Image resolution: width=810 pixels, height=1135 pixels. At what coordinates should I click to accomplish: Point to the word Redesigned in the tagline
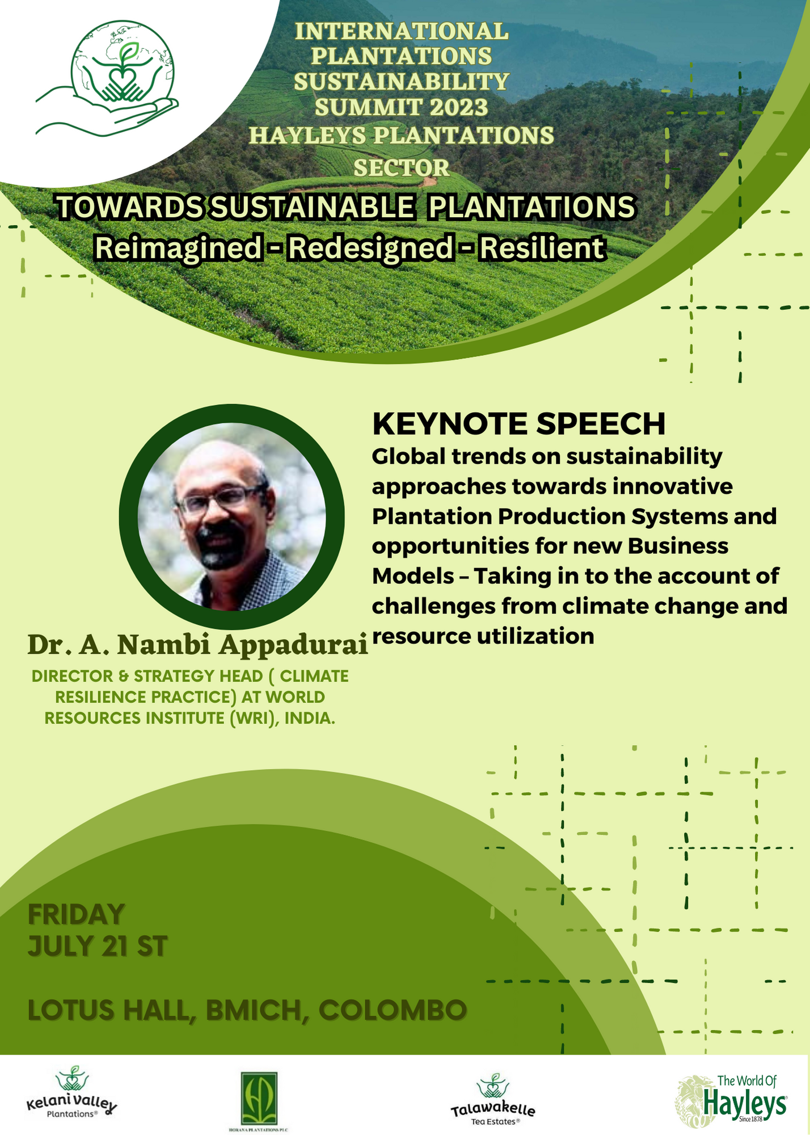click(369, 248)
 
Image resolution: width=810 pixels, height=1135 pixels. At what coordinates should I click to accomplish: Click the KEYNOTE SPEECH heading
click(518, 423)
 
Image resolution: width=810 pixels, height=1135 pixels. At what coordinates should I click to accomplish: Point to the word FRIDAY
click(76, 914)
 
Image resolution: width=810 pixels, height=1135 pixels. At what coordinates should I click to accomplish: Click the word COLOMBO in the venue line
click(393, 1010)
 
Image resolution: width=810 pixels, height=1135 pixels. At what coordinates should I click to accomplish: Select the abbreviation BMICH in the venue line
click(253, 1010)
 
